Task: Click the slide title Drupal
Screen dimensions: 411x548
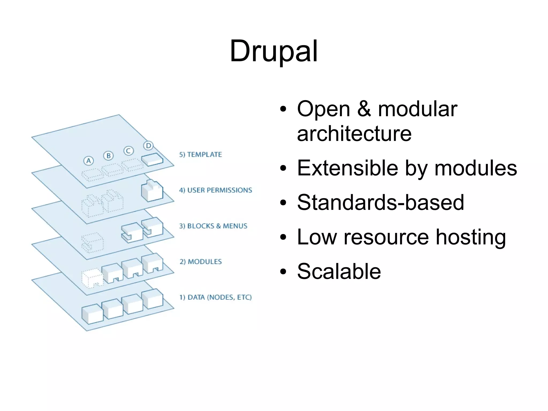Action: pyautogui.click(x=273, y=51)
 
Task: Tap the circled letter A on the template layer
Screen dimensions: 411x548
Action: pyautogui.click(x=89, y=161)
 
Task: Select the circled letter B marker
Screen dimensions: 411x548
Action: pyautogui.click(x=108, y=156)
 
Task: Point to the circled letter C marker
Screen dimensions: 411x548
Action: pyautogui.click(x=128, y=151)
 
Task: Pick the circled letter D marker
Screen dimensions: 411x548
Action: pyautogui.click(x=148, y=146)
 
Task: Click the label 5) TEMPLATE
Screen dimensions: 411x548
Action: pyautogui.click(x=200, y=154)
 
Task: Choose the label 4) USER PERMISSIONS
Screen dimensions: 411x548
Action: pyautogui.click(x=215, y=190)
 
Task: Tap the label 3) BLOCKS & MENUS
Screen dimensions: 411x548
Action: pyautogui.click(x=213, y=226)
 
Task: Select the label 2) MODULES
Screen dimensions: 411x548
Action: pyautogui.click(x=201, y=262)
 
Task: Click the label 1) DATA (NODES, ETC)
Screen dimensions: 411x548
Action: pyautogui.click(x=215, y=297)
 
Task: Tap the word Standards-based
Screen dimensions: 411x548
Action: pyautogui.click(x=380, y=202)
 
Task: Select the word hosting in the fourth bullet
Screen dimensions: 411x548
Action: pyautogui.click(x=471, y=237)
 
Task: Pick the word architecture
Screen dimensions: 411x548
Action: pyautogui.click(x=354, y=134)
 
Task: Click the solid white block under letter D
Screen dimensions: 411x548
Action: pyautogui.click(x=152, y=160)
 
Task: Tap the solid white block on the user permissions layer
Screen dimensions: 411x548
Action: pyautogui.click(x=152, y=191)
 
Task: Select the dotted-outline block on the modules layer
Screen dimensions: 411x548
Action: pyautogui.click(x=92, y=278)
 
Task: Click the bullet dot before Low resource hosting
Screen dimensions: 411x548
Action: pyautogui.click(x=283, y=237)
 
